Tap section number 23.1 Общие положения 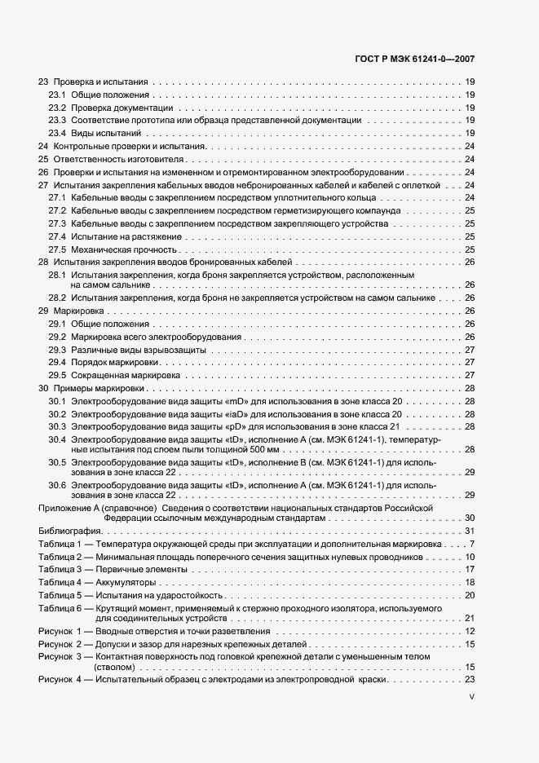point(57,95)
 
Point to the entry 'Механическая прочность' point(123,249)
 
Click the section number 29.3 point(57,350)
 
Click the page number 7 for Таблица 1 point(472,544)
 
